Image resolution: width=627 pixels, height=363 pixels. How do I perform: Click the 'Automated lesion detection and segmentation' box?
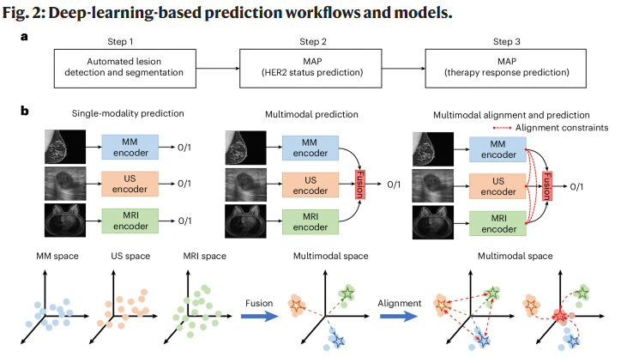[x=124, y=66]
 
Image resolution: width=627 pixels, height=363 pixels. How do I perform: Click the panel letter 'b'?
[x=26, y=111]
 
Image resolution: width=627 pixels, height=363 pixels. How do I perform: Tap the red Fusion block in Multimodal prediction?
[x=359, y=184]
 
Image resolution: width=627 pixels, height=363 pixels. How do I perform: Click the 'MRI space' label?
[x=206, y=256]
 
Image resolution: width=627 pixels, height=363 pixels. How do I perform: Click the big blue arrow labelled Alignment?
[x=399, y=315]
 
